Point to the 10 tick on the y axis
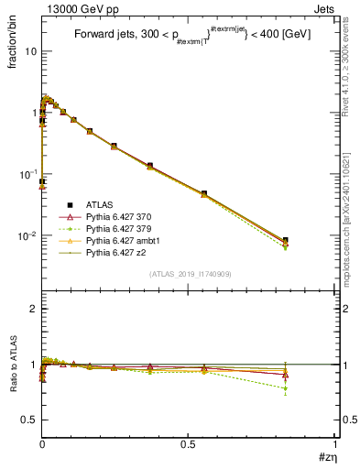[30, 51]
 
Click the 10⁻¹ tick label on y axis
[28, 174]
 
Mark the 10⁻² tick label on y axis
[28, 235]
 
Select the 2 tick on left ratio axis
[33, 309]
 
